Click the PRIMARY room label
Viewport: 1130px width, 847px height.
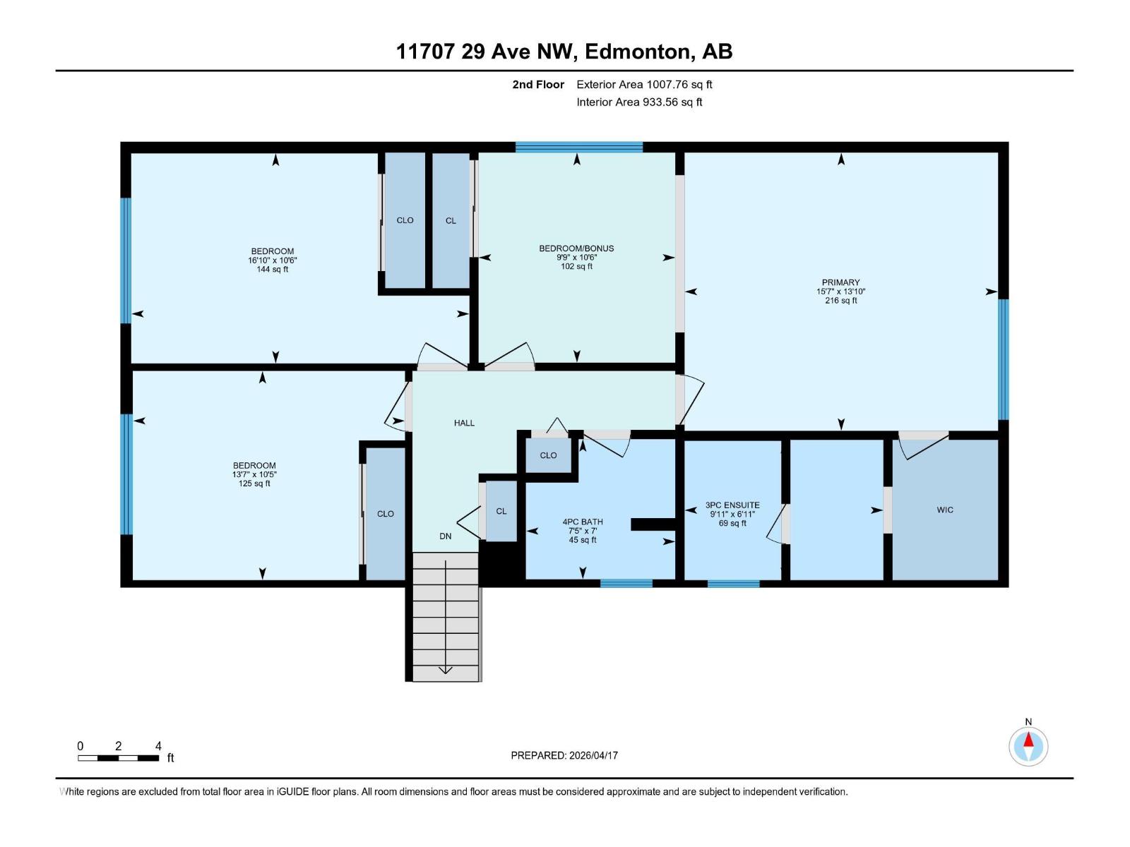840,282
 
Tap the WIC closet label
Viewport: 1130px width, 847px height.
944,510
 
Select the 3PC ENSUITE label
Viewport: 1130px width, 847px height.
732,505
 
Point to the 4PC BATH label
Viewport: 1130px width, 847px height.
583,522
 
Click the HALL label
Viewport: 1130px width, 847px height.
464,423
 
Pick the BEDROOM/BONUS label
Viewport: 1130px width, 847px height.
576,248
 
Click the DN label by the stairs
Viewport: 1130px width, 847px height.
445,536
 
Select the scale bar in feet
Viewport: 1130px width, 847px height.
119,758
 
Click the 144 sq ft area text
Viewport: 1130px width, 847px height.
273,269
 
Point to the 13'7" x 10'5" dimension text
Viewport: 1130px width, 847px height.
254,474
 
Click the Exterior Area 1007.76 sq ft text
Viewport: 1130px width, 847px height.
644,85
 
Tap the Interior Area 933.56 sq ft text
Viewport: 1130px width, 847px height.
639,102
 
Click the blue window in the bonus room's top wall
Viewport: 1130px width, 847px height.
579,147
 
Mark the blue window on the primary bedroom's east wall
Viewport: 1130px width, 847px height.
1003,359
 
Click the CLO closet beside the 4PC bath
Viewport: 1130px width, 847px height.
548,455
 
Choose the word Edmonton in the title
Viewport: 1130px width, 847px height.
638,52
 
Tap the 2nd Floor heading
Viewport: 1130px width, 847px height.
538,85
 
